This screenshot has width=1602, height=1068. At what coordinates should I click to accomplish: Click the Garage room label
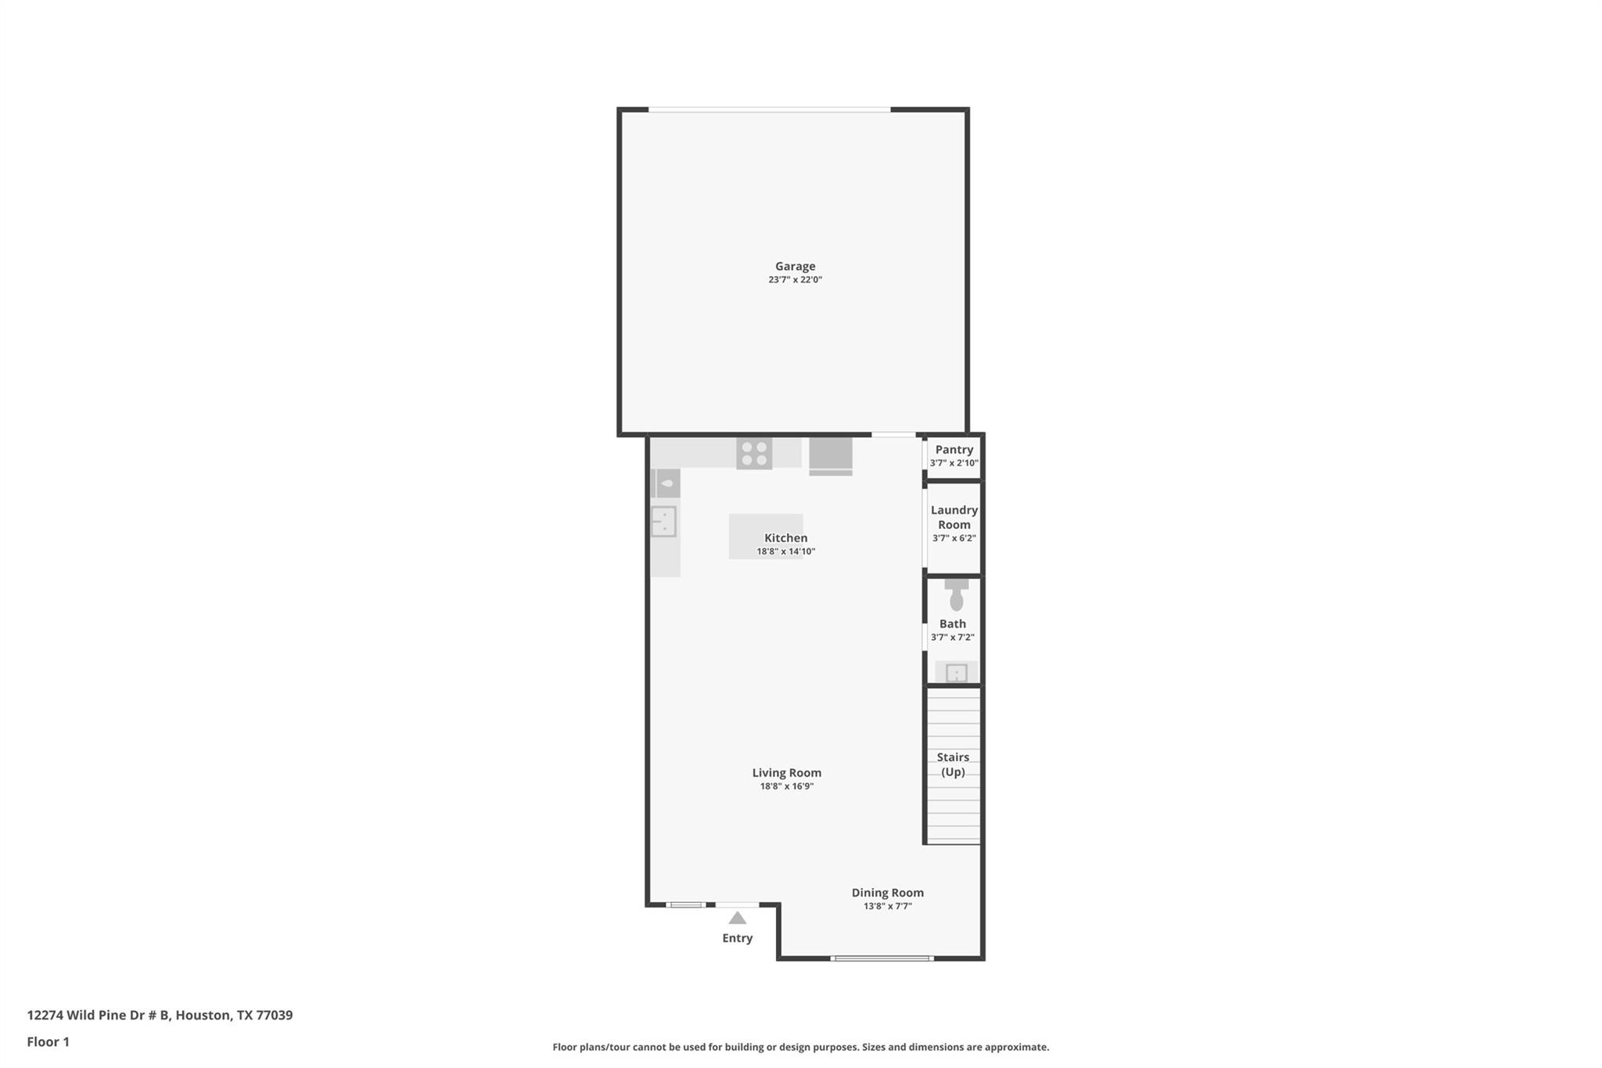tap(795, 266)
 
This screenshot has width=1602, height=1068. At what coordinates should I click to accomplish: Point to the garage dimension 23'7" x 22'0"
tap(795, 280)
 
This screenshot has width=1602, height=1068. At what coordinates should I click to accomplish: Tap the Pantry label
tap(954, 449)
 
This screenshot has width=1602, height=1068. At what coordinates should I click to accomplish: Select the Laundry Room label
tap(954, 517)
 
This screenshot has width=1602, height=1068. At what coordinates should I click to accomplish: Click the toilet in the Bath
tap(956, 596)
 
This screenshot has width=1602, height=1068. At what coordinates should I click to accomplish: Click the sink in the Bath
tap(956, 672)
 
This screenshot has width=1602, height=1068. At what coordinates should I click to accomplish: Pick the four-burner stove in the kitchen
tap(754, 454)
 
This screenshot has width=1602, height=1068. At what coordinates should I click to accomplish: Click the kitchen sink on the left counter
tap(663, 521)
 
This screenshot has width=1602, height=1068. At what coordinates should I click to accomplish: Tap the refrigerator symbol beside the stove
tap(830, 455)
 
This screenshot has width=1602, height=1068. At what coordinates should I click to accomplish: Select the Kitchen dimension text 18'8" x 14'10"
tap(785, 552)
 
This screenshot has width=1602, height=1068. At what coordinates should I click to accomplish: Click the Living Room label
tap(786, 772)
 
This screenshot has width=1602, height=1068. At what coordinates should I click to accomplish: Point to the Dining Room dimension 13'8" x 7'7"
tap(887, 906)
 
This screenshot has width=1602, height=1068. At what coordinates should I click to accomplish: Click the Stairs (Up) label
tap(953, 764)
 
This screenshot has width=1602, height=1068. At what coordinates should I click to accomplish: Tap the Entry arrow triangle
tap(737, 918)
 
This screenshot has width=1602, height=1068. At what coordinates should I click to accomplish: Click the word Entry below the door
tap(737, 938)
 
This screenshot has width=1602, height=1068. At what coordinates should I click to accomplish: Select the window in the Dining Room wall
tap(882, 958)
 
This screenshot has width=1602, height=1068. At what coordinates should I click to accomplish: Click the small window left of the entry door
tap(685, 904)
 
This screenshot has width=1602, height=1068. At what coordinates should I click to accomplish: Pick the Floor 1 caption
tap(48, 1041)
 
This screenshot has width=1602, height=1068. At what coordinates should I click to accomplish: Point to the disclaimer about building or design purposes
tap(800, 1047)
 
